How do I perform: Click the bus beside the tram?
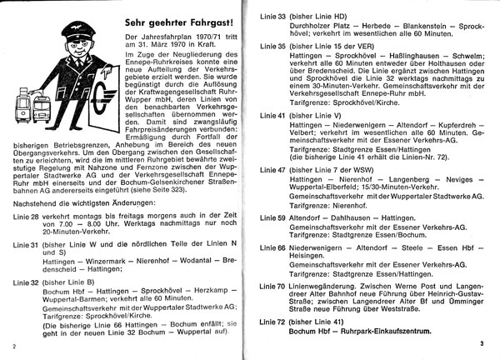(41, 102)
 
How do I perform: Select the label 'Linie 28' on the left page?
(25, 216)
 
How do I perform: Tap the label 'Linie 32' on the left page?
(25, 282)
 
